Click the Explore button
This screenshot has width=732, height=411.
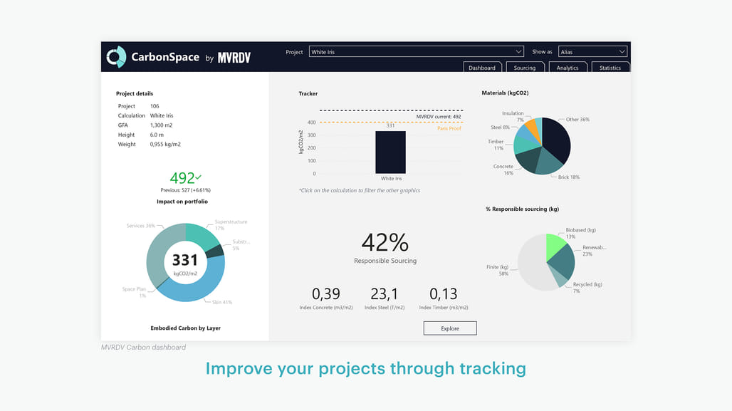click(450, 328)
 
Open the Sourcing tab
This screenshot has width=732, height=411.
click(525, 68)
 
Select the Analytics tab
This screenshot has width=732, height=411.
click(568, 68)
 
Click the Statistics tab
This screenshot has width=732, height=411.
click(610, 68)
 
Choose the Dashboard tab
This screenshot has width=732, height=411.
click(482, 68)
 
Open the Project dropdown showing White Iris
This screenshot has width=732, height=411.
click(417, 52)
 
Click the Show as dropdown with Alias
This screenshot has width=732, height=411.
click(592, 52)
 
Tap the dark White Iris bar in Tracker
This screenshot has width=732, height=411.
click(390, 152)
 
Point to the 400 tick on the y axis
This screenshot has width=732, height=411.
click(312, 123)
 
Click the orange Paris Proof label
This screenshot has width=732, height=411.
click(449, 128)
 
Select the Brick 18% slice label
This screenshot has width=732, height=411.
click(569, 177)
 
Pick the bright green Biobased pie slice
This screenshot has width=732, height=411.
click(556, 246)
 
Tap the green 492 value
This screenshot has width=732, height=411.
click(182, 178)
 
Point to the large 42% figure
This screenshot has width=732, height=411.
click(385, 243)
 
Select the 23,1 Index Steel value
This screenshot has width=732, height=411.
click(385, 293)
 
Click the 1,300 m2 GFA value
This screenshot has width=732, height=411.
click(161, 125)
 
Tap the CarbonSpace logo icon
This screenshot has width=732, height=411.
click(116, 57)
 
